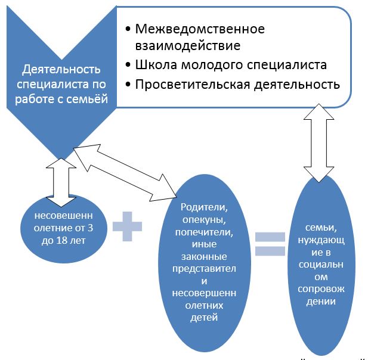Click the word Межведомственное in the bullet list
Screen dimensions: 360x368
click(x=200, y=29)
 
